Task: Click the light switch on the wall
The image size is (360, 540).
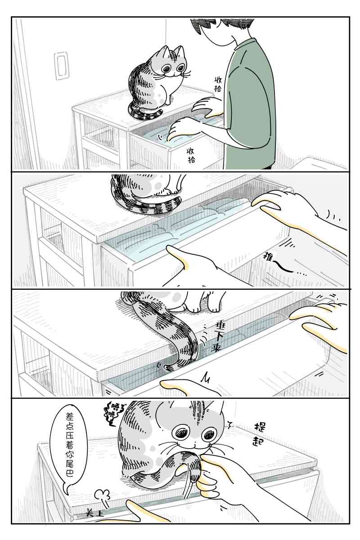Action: point(61,66)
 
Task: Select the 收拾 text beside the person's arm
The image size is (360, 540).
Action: point(218,84)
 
